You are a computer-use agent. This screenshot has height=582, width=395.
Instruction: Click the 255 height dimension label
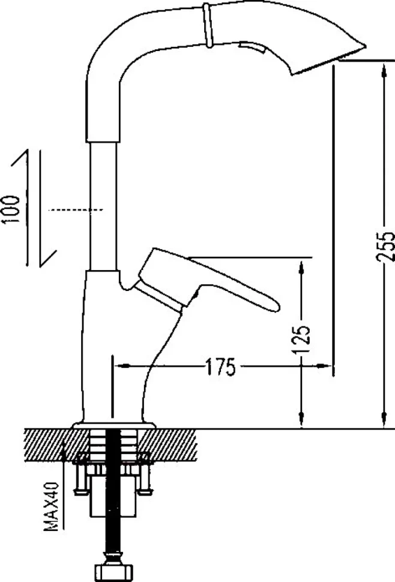(x=385, y=247)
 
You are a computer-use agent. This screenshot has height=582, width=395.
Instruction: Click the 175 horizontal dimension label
(x=220, y=367)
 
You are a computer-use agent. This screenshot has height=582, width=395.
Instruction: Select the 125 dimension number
(x=301, y=340)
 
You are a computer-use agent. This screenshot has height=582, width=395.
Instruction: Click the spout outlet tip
(x=365, y=47)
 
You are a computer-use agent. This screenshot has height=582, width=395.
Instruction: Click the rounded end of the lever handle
(x=274, y=305)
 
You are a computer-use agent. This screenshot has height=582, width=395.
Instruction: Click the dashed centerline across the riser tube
(x=76, y=210)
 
